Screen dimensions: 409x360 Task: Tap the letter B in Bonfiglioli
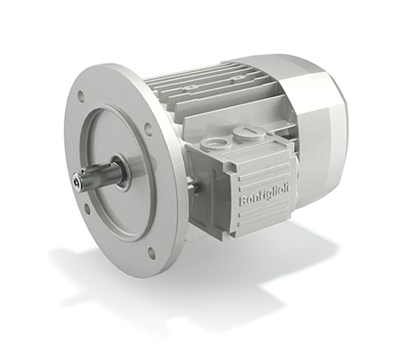(x=242, y=201)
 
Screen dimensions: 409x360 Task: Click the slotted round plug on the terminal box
(x=249, y=133)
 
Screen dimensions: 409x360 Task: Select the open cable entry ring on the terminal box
(x=216, y=144)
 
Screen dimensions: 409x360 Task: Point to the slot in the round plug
(x=249, y=130)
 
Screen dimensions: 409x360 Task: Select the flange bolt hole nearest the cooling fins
(x=148, y=128)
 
